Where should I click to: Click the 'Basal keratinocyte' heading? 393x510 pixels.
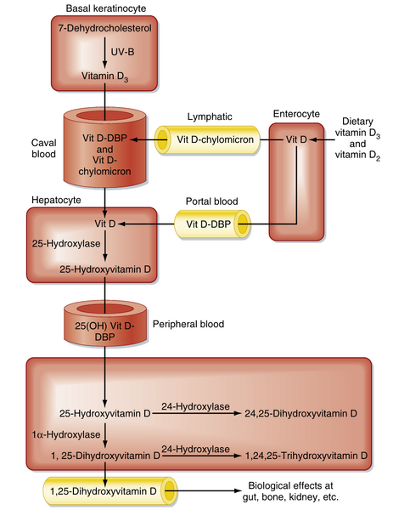(104, 8)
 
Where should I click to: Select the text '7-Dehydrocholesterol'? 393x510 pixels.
(104, 30)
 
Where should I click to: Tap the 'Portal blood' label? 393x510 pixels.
(211, 201)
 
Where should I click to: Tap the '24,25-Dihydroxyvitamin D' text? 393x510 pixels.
(301, 413)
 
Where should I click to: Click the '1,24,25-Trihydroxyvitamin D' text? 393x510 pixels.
(306, 456)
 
